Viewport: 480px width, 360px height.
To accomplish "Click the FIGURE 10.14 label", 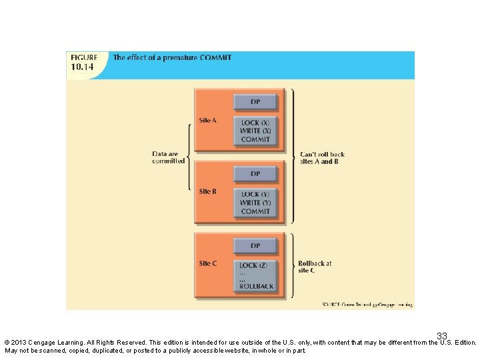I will pyautogui.click(x=84, y=62).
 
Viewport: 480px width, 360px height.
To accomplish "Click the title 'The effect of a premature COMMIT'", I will pyautogui.click(x=172, y=58).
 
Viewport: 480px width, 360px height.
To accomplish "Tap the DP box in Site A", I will pyautogui.click(x=255, y=102).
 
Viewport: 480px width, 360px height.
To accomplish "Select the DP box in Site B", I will pyautogui.click(x=255, y=174).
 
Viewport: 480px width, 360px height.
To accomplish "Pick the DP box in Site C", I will pyautogui.click(x=255, y=245).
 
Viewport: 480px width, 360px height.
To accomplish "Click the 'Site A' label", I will pyautogui.click(x=208, y=121).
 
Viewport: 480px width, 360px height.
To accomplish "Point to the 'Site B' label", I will pyautogui.click(x=208, y=192).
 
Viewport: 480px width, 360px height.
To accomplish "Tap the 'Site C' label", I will pyautogui.click(x=208, y=263).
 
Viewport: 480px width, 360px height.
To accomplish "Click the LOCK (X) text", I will pyautogui.click(x=255, y=123).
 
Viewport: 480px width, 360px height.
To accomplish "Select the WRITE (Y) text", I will pyautogui.click(x=255, y=203).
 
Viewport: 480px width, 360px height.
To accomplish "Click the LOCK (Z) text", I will pyautogui.click(x=253, y=265).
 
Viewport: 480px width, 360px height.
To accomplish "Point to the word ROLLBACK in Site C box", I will pyautogui.click(x=257, y=287).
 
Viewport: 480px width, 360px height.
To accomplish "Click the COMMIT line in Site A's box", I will pyautogui.click(x=255, y=139).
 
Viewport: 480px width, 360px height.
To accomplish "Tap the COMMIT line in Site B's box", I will pyautogui.click(x=255, y=211).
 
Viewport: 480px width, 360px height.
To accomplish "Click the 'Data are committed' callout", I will pyautogui.click(x=168, y=158).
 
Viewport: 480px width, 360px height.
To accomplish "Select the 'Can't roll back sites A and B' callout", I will pyautogui.click(x=322, y=158).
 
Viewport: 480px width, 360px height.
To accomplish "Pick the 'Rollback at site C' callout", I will pyautogui.click(x=315, y=267).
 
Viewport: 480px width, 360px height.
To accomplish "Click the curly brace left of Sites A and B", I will pyautogui.click(x=190, y=157).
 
